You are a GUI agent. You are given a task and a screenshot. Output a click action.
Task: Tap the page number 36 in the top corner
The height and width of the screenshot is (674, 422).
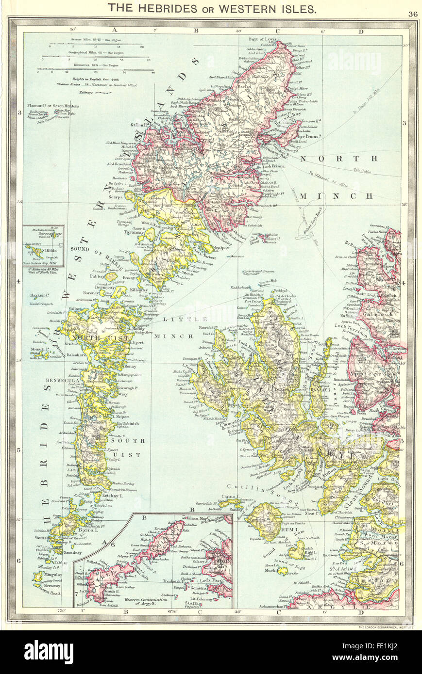point(413,14)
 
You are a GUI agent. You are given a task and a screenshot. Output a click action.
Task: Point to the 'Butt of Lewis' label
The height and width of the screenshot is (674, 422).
point(262,39)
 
